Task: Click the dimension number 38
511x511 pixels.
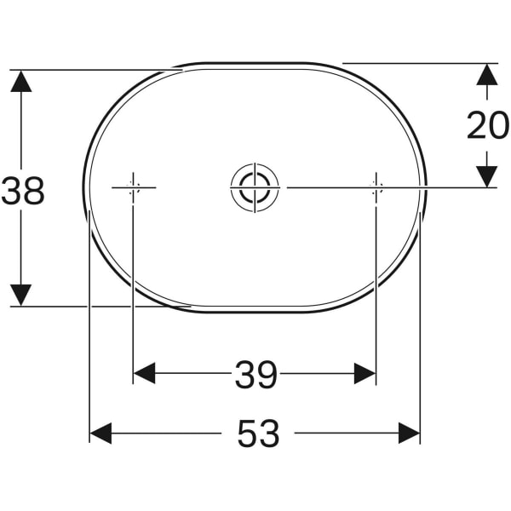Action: (23, 191)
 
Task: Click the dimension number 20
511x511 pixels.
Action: (487, 126)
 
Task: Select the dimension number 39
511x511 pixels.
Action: (255, 374)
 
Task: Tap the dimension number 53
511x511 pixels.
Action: (257, 434)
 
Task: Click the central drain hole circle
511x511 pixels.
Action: (255, 187)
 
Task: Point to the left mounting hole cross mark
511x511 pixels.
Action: (133, 187)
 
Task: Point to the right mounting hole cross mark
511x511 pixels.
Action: (376, 187)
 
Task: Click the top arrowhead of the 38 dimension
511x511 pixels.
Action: (21, 81)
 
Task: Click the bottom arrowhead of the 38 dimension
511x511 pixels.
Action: (21, 295)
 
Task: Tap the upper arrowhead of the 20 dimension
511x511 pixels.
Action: (486, 74)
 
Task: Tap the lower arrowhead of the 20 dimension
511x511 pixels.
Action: (486, 175)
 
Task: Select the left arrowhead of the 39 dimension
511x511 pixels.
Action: (145, 373)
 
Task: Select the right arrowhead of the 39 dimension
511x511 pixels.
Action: (365, 373)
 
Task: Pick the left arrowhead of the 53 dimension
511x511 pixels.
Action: (100, 433)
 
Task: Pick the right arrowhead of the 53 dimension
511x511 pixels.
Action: (409, 433)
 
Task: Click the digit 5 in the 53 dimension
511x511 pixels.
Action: (246, 434)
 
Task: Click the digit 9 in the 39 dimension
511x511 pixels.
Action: (267, 374)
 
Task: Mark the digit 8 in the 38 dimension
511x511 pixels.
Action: (34, 191)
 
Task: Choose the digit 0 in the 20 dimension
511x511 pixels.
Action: (498, 126)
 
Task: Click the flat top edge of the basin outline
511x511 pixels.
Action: (255, 64)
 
